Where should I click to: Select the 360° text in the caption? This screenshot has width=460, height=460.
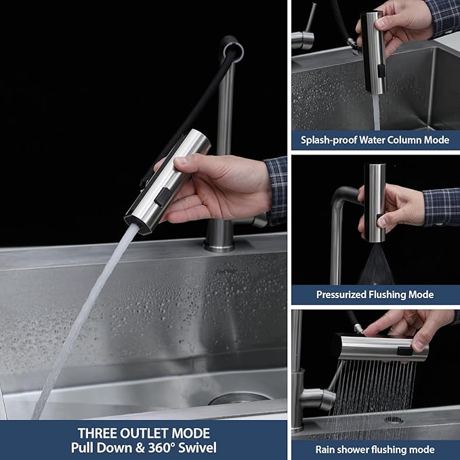[x=165, y=447]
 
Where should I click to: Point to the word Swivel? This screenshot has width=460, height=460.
[x=198, y=447]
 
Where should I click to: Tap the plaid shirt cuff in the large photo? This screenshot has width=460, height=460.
[x=276, y=190]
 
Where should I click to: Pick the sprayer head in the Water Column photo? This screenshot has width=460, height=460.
[x=372, y=51]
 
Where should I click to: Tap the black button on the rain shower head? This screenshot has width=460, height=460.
[x=404, y=350]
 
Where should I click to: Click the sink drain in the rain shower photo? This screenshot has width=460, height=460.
[x=394, y=420]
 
